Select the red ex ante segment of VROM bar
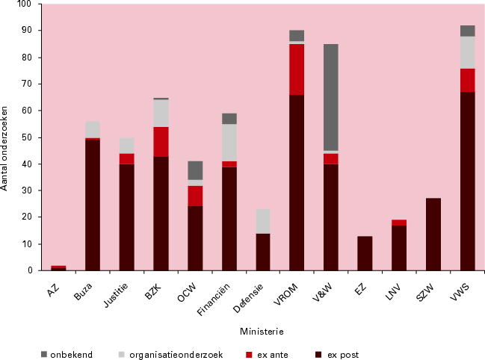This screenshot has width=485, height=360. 297,69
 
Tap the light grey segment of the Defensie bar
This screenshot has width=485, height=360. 263,221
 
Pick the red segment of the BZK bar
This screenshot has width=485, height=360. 161,141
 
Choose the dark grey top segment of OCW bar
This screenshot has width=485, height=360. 195,170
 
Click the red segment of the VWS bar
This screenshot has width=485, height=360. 468,80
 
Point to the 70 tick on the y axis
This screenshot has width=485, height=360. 27,84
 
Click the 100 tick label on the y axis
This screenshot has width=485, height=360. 25,4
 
